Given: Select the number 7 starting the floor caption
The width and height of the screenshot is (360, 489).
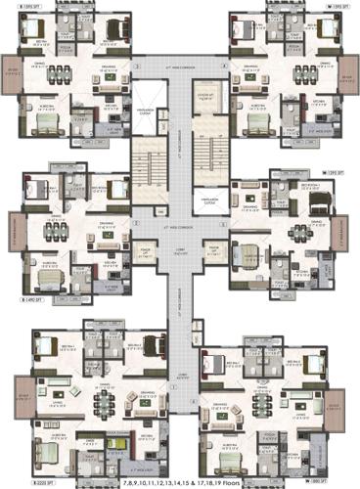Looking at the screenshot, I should pyautogui.click(x=125, y=481).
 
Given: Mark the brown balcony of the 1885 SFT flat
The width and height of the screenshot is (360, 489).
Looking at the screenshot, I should pyautogui.click(x=336, y=407).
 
